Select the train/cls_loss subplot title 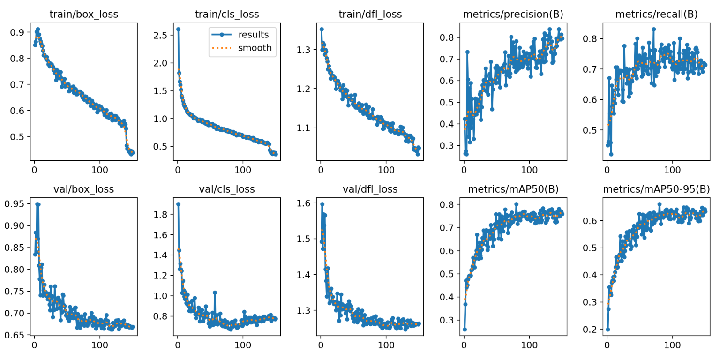pyautogui.click(x=227, y=15)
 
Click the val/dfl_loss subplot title pyautogui.click(x=370, y=189)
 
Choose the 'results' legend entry pyautogui.click(x=254, y=34)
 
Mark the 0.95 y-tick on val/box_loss pyautogui.click(x=15, y=204)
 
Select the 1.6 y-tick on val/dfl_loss pyautogui.click(x=304, y=203)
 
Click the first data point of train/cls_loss pyautogui.click(x=178, y=29)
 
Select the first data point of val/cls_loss pyautogui.click(x=178, y=204)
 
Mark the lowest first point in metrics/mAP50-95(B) pyautogui.click(x=607, y=330)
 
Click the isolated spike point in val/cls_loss pyautogui.click(x=215, y=292)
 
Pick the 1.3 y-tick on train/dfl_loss pyautogui.click(x=304, y=49)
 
